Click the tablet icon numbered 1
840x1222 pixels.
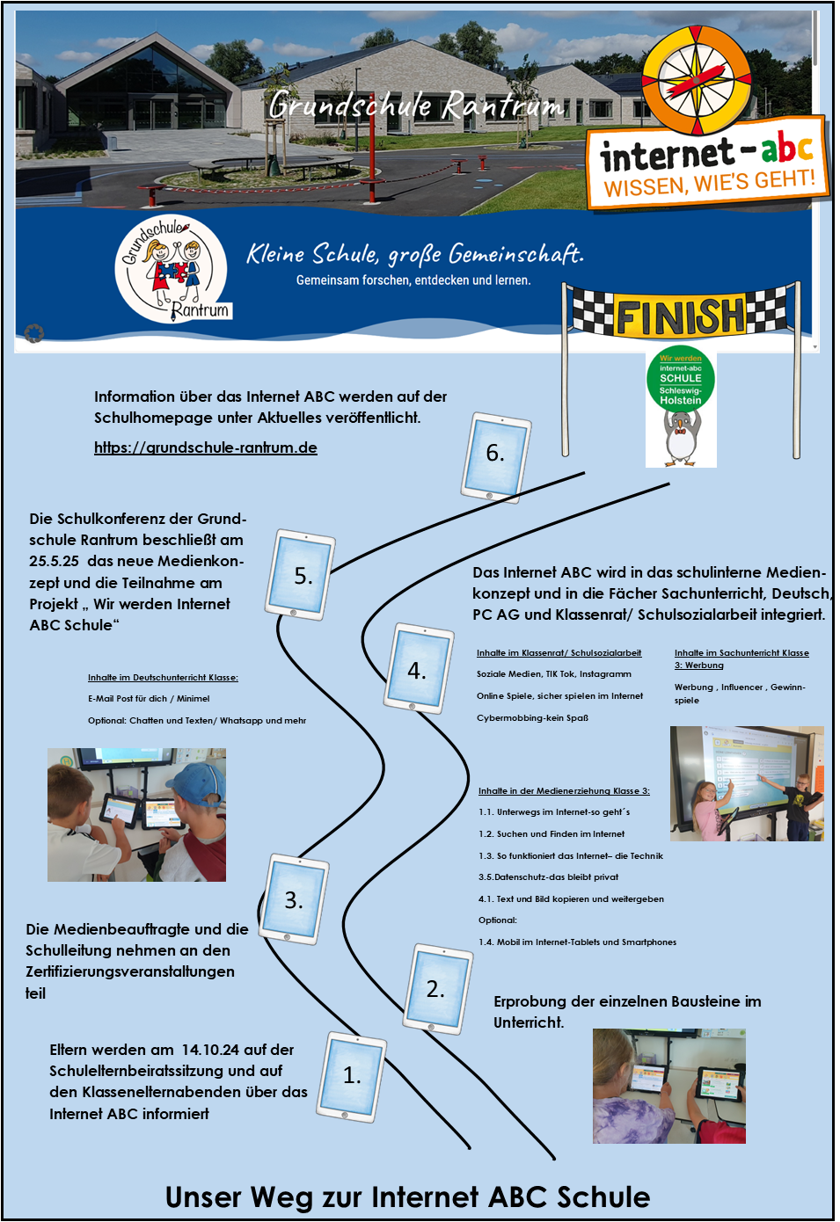pos(352,1076)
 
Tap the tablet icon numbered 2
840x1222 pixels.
pos(437,988)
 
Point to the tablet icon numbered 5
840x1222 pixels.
pos(302,576)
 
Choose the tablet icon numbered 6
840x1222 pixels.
pos(495,454)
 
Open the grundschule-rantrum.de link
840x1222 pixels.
pos(206,447)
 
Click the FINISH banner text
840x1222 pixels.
pos(680,316)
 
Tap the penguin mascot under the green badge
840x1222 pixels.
pos(680,437)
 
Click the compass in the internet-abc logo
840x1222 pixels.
pos(698,80)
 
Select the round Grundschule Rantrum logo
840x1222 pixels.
pos(172,269)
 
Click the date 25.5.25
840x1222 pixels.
pos(54,561)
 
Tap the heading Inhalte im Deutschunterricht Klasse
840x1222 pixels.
pos(163,678)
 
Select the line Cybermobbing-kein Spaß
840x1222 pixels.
pos(532,717)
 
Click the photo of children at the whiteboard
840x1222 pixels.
pos(747,782)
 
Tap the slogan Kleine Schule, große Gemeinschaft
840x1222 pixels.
pos(414,255)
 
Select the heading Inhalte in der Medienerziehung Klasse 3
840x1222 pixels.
pos(564,791)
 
